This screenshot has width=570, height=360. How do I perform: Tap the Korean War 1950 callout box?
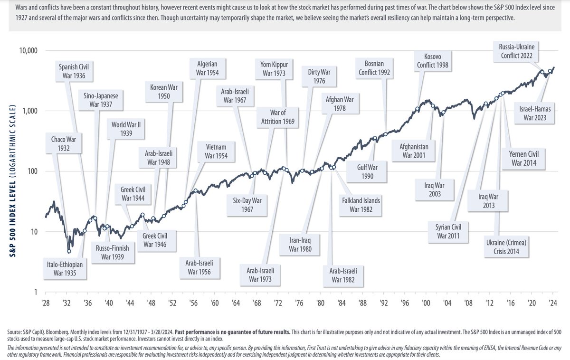(163, 92)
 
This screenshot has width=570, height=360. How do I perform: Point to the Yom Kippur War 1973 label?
(278, 69)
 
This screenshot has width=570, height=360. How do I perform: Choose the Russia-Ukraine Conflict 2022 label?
(519, 51)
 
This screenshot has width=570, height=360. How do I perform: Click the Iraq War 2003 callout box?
(435, 189)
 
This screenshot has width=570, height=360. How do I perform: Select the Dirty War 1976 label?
(319, 77)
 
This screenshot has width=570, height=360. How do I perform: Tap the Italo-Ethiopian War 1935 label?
(65, 268)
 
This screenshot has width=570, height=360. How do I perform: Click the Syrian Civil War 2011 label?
(449, 231)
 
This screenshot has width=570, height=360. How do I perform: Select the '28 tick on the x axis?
(46, 303)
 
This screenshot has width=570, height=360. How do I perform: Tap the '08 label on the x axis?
(468, 303)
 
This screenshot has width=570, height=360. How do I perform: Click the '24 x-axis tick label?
(553, 303)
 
